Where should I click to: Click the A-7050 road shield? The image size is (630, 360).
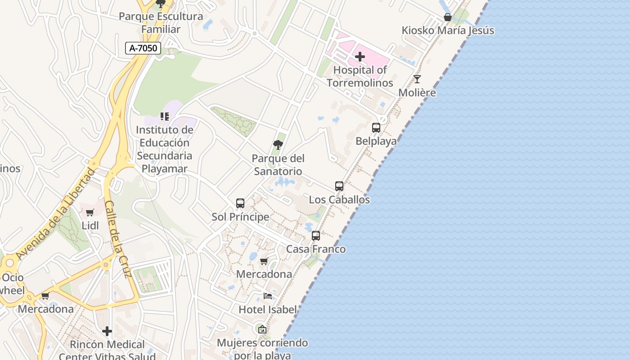click(x=143, y=48)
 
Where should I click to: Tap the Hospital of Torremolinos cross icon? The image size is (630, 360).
click(x=360, y=57)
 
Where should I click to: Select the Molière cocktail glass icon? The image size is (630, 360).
click(x=417, y=80)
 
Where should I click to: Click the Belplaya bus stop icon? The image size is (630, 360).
click(x=376, y=128)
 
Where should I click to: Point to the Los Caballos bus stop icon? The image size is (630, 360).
click(x=339, y=186)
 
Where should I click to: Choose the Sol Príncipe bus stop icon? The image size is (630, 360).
click(x=240, y=203)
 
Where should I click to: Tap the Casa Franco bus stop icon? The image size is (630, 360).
click(x=316, y=236)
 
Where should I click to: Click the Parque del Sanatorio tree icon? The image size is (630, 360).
click(x=278, y=145)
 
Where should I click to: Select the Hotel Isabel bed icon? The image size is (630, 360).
click(x=268, y=296)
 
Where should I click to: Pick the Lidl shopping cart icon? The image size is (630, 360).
click(x=90, y=212)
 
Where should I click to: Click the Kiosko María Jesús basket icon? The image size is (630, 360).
click(x=448, y=18)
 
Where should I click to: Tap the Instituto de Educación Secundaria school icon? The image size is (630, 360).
click(x=165, y=117)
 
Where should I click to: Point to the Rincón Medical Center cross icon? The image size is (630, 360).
click(x=107, y=331)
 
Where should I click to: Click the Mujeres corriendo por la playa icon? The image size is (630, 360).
click(x=262, y=329)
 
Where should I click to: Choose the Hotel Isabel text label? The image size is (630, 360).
click(x=268, y=310)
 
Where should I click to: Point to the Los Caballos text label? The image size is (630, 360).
click(x=339, y=200)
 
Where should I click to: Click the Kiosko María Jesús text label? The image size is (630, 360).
click(x=448, y=31)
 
